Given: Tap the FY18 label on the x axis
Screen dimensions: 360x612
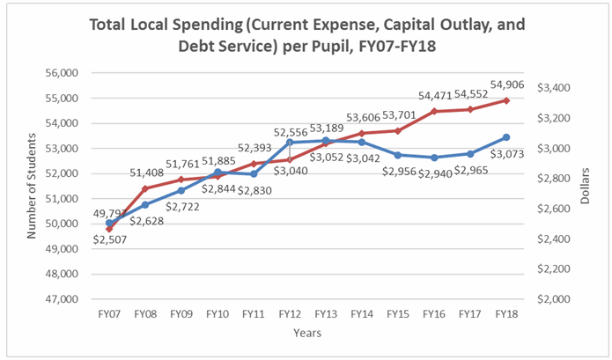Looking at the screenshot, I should (505, 313).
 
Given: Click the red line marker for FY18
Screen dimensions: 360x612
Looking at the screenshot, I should (505, 100).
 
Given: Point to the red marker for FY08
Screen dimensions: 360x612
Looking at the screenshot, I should (145, 188).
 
